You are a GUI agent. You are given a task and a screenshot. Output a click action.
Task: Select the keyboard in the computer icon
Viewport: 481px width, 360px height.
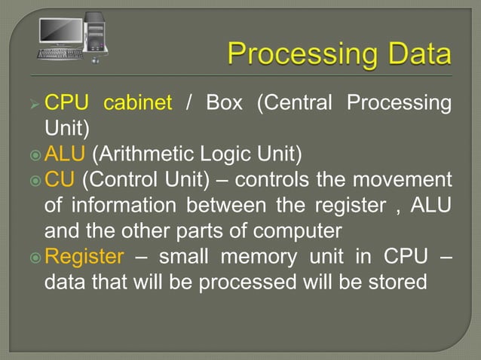coord(60,53)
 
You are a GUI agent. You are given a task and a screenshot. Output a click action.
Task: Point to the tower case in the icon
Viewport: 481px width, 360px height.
coord(95,35)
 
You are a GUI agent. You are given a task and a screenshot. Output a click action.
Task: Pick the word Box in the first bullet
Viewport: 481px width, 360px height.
coord(224,102)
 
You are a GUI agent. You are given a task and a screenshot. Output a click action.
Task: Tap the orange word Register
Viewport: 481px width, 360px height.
coord(84,257)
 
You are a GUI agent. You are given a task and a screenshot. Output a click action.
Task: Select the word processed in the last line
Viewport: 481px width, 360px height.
coord(234,282)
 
